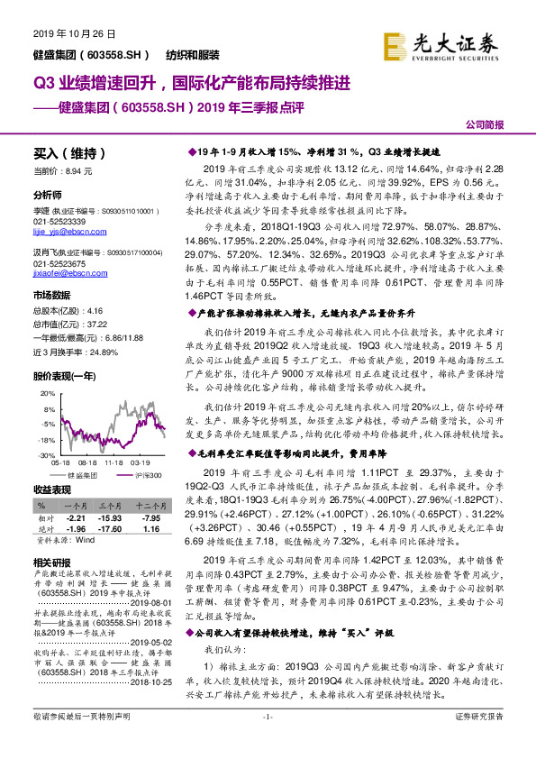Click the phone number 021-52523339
pos(59,221)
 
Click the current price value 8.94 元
pos(81,170)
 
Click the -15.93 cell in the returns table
pos(111,517)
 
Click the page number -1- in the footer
pos(267,741)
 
